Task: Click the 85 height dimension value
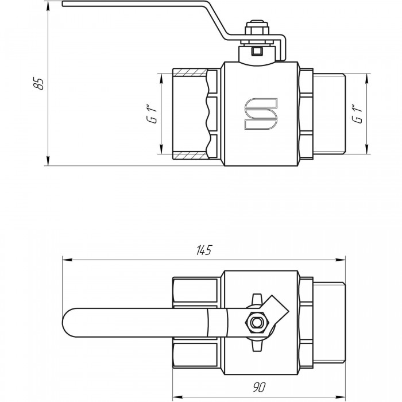pos(38,83)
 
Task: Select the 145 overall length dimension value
pos(204,250)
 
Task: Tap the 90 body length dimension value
pos(259,387)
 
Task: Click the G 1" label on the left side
pos(152,114)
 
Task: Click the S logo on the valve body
pos(261,113)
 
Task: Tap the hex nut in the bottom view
pos(257,322)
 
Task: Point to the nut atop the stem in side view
pos(257,29)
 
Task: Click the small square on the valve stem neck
pos(257,52)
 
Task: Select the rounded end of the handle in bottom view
pos(68,323)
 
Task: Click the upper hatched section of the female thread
pos(190,72)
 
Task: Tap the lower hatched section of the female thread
pos(190,156)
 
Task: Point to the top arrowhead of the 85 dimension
pos(48,6)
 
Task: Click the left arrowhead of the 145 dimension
pos(67,260)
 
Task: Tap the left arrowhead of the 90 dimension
pos(177,396)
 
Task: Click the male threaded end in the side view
pos(329,114)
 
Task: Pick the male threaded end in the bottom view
pos(329,323)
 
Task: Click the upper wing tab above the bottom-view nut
pos(257,299)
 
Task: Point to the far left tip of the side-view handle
pos(62,3)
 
